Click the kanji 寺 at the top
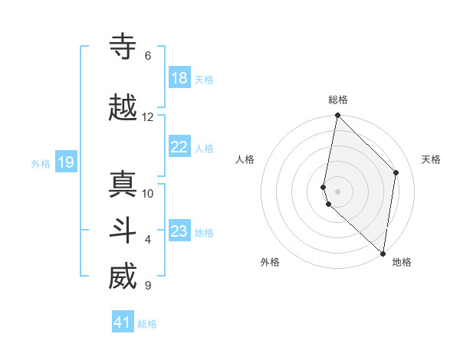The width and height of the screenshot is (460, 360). pyautogui.click(x=123, y=47)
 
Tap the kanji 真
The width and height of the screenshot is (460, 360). pyautogui.click(x=123, y=185)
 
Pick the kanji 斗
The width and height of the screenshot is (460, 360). pyautogui.click(x=123, y=231)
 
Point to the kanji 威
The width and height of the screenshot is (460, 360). pyautogui.click(x=123, y=277)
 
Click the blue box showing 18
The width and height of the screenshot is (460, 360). pyautogui.click(x=179, y=78)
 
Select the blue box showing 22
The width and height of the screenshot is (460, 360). pyautogui.click(x=179, y=148)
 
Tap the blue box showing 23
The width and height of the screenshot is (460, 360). pyautogui.click(x=179, y=231)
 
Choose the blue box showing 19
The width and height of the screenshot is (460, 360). pyautogui.click(x=65, y=162)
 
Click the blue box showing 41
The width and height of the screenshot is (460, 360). pyautogui.click(x=123, y=322)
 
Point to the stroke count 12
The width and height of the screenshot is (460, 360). pyautogui.click(x=147, y=117)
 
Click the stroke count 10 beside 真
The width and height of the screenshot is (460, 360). pyautogui.click(x=147, y=194)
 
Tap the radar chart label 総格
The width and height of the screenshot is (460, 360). pyautogui.click(x=337, y=100)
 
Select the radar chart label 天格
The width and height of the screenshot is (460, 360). pyautogui.click(x=431, y=159)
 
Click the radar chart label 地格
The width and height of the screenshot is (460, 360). pyautogui.click(x=402, y=263)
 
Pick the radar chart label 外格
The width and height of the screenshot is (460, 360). pyautogui.click(x=270, y=263)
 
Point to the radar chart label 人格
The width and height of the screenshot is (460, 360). pyautogui.click(x=245, y=159)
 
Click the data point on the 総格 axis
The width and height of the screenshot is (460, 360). pyautogui.click(x=337, y=116)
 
